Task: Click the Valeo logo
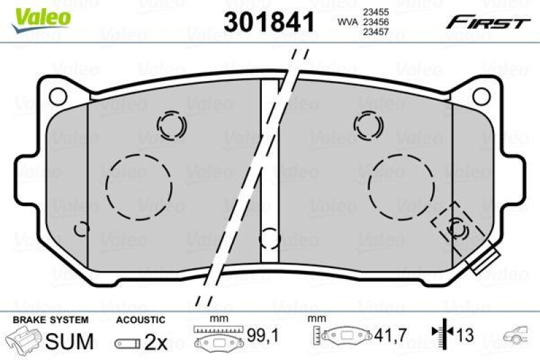(41, 20)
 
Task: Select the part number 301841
(269, 22)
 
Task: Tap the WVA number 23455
(375, 12)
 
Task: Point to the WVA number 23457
(375, 32)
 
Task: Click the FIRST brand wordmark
(488, 23)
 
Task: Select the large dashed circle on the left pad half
(139, 186)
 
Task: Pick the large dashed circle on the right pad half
(401, 186)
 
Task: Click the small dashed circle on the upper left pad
(171, 125)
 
